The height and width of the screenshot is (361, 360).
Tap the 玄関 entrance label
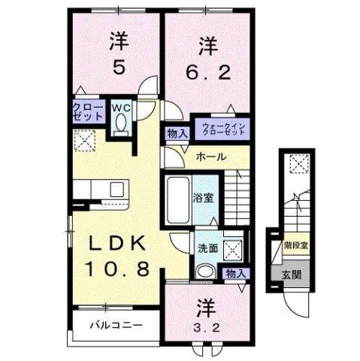(291, 274)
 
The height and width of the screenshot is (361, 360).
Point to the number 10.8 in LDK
(116, 268)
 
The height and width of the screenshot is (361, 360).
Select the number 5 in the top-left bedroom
(117, 68)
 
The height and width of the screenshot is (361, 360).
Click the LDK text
(116, 244)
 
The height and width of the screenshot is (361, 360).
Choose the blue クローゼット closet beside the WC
(89, 113)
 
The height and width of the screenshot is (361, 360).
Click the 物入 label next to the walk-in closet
(177, 132)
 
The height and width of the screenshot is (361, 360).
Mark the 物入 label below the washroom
(234, 274)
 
